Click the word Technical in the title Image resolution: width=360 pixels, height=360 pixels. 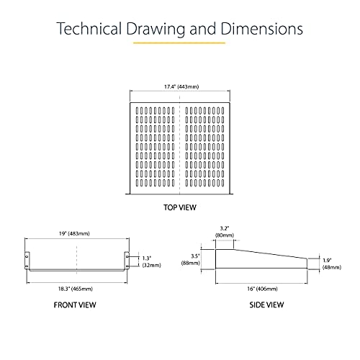click(x=89, y=29)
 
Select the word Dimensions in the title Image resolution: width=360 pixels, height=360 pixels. click(x=261, y=29)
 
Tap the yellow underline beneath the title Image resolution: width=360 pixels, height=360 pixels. click(x=179, y=43)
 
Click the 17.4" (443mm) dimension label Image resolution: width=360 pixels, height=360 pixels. click(x=181, y=86)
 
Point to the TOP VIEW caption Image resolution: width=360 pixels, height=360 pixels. click(x=180, y=207)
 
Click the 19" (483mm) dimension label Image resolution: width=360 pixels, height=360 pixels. click(x=74, y=233)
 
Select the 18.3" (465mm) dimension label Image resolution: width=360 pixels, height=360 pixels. click(x=76, y=289)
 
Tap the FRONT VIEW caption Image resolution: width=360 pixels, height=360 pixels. click(x=75, y=305)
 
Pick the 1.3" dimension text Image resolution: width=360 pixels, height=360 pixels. click(x=147, y=258)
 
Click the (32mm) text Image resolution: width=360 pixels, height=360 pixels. click(x=152, y=265)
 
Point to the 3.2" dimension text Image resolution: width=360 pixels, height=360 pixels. click(x=225, y=228)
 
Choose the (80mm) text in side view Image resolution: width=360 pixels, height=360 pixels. click(x=225, y=235)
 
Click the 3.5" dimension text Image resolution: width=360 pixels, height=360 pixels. click(x=195, y=256)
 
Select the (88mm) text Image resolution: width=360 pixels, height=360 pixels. click(x=191, y=263)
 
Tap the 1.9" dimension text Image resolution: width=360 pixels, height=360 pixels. click(x=327, y=260)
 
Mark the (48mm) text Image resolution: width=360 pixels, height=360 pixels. click(x=332, y=267)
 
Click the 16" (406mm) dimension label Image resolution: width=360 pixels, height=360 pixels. click(x=262, y=289)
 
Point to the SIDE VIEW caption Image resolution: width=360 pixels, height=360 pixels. click(x=266, y=305)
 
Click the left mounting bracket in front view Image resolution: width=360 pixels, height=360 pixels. click(x=27, y=261)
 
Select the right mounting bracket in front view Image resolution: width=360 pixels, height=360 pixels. click(x=127, y=261)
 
